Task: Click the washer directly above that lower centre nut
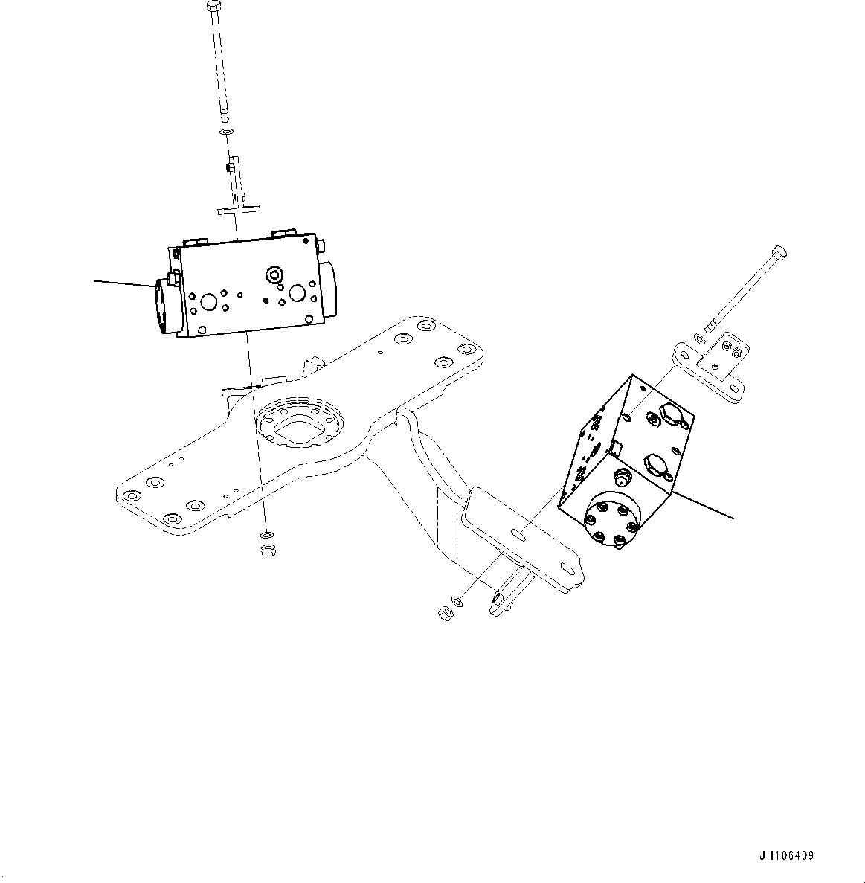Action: coord(266,535)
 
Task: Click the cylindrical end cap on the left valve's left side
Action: coord(163,307)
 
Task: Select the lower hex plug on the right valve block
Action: coord(653,465)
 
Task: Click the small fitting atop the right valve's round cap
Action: coord(621,478)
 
